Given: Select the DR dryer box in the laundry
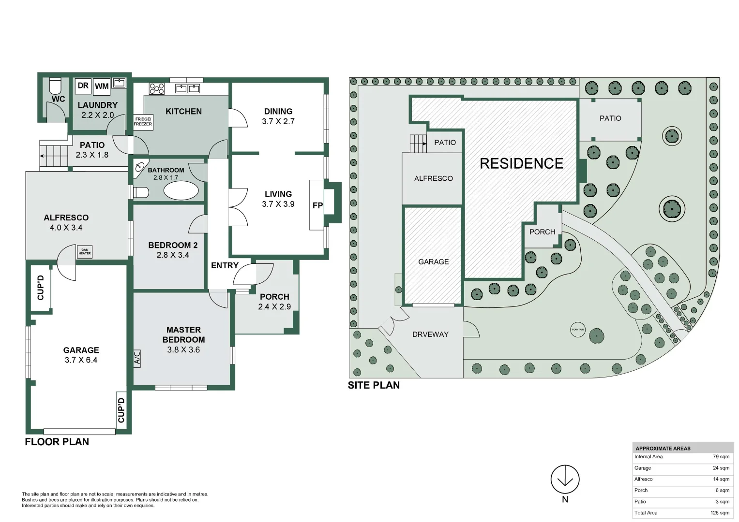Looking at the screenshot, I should [83, 86].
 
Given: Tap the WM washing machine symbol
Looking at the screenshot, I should [102, 86].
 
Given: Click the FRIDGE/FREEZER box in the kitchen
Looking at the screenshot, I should [143, 122].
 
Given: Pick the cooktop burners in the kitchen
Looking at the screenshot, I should [156, 88].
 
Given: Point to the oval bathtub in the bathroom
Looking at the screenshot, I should [181, 190].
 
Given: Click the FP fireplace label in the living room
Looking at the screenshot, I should [317, 205].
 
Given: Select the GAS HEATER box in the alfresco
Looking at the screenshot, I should [85, 252].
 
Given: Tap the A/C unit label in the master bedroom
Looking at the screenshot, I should [137, 358].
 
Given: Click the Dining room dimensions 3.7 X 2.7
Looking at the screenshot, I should [278, 122].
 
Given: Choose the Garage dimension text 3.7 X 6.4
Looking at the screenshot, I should [81, 360].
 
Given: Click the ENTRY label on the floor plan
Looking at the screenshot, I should [225, 265].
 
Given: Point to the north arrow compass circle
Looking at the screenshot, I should [565, 479].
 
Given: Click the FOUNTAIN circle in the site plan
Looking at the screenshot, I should [578, 330].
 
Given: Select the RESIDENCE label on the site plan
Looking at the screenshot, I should [521, 164].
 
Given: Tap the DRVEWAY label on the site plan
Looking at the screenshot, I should [430, 334].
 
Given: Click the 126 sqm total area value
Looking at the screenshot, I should [721, 513].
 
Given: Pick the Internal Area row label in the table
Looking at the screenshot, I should [649, 457].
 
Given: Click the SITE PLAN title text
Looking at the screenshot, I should [374, 385].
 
